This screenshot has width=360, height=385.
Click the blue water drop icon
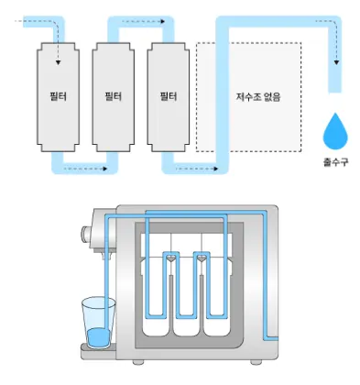(335, 132)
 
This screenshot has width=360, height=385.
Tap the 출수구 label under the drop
(335, 161)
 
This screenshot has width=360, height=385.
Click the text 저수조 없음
(258, 96)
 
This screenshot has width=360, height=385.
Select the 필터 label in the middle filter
(114, 96)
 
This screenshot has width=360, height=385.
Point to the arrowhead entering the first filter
(58, 62)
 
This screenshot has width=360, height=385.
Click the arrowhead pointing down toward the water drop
(336, 62)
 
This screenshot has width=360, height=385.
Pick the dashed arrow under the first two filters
(85, 169)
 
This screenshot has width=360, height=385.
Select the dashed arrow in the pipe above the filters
(144, 21)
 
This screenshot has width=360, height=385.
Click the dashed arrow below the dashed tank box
(196, 169)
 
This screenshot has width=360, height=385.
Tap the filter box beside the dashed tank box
(169, 97)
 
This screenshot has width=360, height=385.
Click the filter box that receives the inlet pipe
(58, 97)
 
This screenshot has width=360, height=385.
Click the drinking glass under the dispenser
(98, 323)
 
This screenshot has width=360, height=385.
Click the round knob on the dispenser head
(85, 235)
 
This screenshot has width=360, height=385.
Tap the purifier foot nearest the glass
(138, 362)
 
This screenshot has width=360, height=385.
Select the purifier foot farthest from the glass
(256, 362)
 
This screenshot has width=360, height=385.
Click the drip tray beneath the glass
(98, 351)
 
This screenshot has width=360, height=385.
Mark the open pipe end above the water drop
(334, 92)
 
